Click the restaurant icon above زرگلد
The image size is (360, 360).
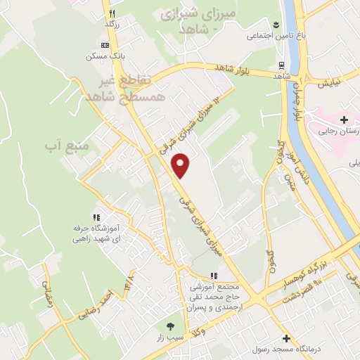tap(111, 13)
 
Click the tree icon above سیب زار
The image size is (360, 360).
tap(171, 326)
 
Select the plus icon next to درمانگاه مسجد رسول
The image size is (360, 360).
tap(285, 337)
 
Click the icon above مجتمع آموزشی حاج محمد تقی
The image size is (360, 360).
tap(214, 276)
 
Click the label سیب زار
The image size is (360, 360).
tap(171, 339)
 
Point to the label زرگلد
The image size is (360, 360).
tap(112, 25)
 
